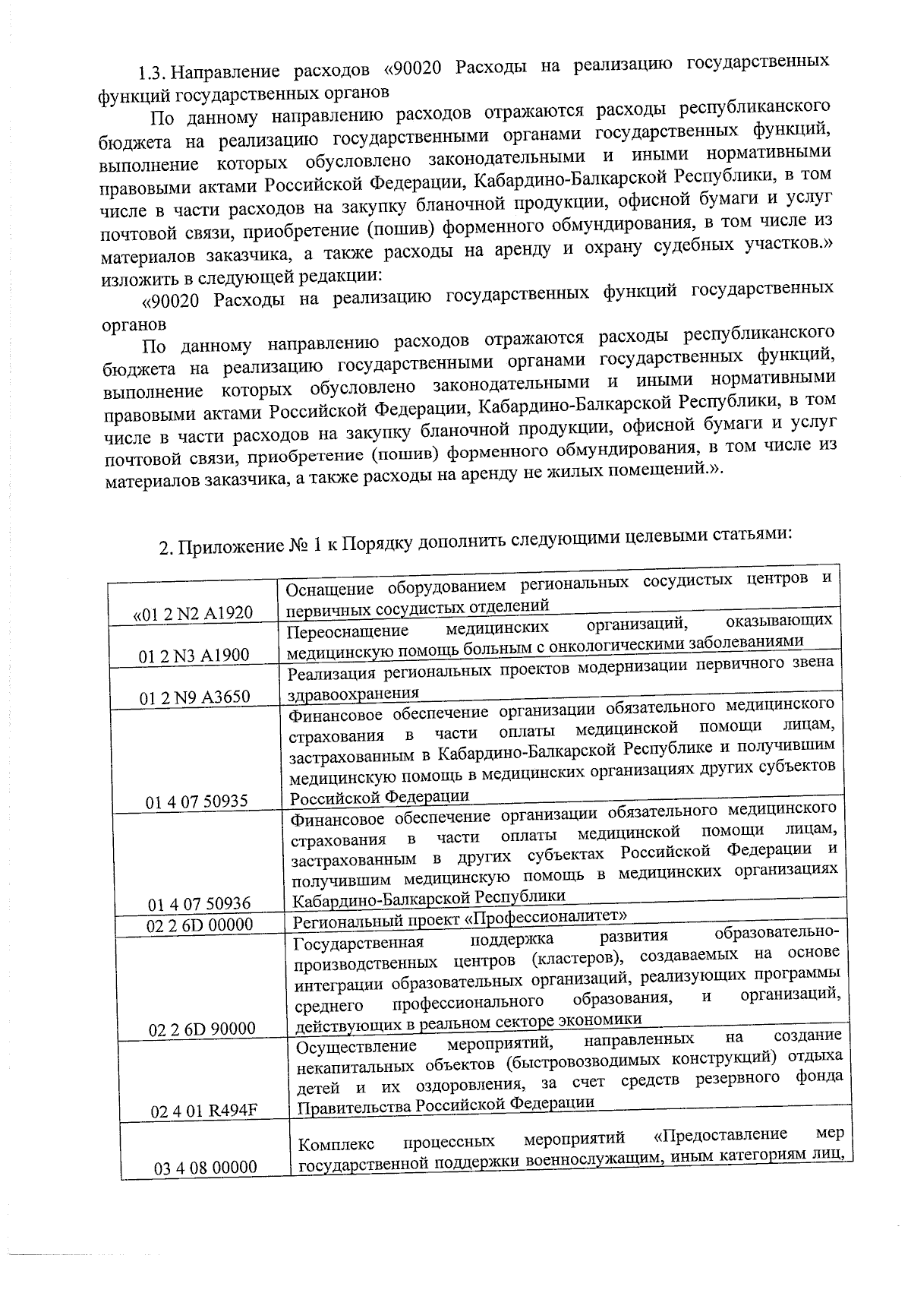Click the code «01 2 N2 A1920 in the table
click(x=194, y=613)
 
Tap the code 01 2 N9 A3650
click(x=195, y=697)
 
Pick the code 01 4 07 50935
click(x=197, y=801)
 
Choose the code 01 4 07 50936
click(x=200, y=904)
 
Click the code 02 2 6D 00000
click(x=200, y=925)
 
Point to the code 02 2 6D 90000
click(x=203, y=1029)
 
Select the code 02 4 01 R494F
click(x=205, y=1111)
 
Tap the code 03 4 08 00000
click(x=206, y=1168)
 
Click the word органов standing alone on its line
click(x=134, y=323)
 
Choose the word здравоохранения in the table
click(x=353, y=694)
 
